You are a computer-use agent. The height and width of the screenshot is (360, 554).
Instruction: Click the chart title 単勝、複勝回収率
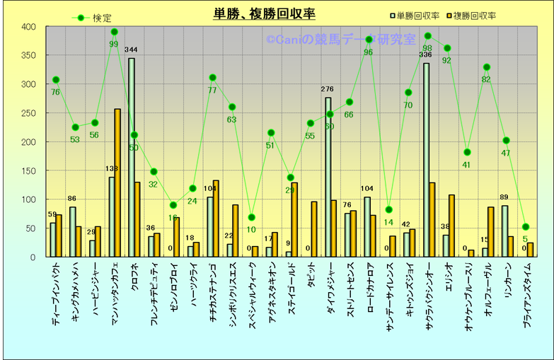coord(265,14)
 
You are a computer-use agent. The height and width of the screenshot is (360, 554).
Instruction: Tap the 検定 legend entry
coord(94,18)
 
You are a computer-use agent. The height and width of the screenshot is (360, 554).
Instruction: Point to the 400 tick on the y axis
coord(28,27)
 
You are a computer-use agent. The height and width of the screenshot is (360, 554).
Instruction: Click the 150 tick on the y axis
coord(28,171)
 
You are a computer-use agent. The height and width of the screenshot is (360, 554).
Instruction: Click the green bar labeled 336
coord(426,160)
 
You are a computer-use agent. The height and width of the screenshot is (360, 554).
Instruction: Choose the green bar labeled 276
coord(328,178)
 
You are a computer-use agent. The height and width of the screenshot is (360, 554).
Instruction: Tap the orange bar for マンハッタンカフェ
coord(117,183)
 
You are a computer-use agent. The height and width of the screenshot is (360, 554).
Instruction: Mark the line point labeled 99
coord(114,32)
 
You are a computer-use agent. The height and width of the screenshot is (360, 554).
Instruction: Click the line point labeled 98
coord(427,36)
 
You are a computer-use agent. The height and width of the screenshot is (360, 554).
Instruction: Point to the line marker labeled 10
coord(251,217)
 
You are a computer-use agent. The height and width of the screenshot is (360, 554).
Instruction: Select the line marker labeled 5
coord(525,227)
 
